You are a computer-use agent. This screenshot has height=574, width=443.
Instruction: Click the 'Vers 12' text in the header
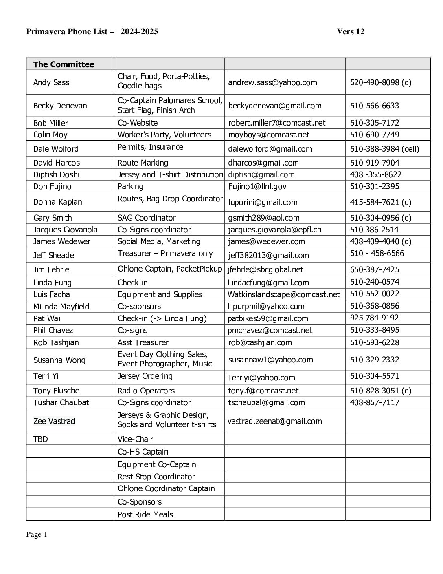(x=351, y=31)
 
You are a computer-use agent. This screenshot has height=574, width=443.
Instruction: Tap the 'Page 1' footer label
(x=37, y=534)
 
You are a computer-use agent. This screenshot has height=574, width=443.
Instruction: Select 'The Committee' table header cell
(x=64, y=64)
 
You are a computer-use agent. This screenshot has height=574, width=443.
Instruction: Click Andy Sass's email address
(x=272, y=82)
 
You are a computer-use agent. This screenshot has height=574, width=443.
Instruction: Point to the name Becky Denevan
(x=60, y=106)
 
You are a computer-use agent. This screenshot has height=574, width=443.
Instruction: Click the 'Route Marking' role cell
(x=143, y=163)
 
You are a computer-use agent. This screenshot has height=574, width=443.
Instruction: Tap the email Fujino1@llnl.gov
(x=257, y=186)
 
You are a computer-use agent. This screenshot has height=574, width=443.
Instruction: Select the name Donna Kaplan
(x=57, y=202)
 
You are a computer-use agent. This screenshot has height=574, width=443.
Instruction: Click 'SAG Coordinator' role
(x=147, y=218)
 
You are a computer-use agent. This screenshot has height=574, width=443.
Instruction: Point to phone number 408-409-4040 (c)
(x=381, y=241)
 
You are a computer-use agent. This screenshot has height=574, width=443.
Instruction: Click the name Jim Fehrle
(x=51, y=269)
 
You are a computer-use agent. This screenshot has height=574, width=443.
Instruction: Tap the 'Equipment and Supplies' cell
(x=160, y=294)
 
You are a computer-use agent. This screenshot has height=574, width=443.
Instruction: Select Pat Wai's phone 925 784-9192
(x=375, y=318)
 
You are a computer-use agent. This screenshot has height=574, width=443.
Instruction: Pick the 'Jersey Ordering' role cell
(x=145, y=376)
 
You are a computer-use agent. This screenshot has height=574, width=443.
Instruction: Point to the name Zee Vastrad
(x=54, y=421)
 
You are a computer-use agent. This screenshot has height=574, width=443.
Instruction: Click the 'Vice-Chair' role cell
(x=135, y=439)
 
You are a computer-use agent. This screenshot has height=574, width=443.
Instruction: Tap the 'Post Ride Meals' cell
(x=145, y=514)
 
